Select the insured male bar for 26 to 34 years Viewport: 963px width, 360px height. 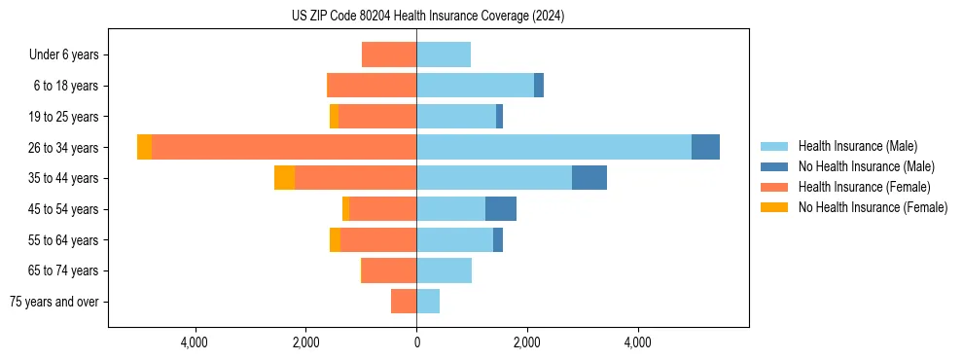pyautogui.click(x=553, y=147)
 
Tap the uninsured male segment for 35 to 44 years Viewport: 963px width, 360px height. pyautogui.click(x=589, y=178)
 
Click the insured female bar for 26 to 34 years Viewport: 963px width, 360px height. pyautogui.click(x=284, y=147)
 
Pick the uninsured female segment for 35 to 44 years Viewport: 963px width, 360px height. pyautogui.click(x=284, y=178)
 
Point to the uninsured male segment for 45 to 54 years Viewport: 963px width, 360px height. pyautogui.click(x=501, y=209)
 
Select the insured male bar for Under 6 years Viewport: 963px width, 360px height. pyautogui.click(x=444, y=54)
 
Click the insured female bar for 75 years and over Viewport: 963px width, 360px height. pyautogui.click(x=404, y=302)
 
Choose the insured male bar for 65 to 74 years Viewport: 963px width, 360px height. pyautogui.click(x=445, y=270)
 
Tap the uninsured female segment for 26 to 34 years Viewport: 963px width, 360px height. pyautogui.click(x=144, y=147)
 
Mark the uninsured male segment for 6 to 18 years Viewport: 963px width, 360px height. pyautogui.click(x=539, y=86)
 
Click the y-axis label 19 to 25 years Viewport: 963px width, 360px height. pyautogui.click(x=63, y=117)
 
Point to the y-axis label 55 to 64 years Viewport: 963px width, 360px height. pyautogui.click(x=63, y=240)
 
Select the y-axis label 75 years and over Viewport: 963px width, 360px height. pyautogui.click(x=54, y=302)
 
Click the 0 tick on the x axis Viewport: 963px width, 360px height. pyautogui.click(x=416, y=342)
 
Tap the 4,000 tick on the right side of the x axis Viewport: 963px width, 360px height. pyautogui.click(x=638, y=342)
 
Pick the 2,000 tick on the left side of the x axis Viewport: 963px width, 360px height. pyautogui.click(x=305, y=342)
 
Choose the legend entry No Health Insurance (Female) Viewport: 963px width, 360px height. pyautogui.click(x=872, y=207)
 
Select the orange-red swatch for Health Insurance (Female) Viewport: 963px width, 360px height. pyautogui.click(x=774, y=187)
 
